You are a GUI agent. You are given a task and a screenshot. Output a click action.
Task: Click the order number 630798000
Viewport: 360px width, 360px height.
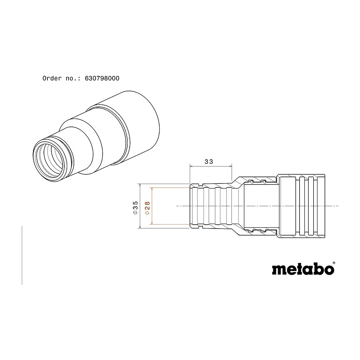coord(102,78)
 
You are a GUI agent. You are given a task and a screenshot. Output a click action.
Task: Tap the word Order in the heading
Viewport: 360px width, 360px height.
coord(52,78)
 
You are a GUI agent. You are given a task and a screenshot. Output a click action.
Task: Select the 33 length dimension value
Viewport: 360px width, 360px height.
coord(209,162)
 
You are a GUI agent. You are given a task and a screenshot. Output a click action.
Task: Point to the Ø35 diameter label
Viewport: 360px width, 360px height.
coord(135,208)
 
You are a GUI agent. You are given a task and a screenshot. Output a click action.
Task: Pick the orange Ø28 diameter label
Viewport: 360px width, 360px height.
coord(147,208)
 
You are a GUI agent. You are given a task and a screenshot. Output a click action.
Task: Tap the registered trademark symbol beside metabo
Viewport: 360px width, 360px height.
coord(334,263)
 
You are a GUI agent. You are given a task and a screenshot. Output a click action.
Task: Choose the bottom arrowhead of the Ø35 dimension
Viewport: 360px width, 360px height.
coord(140,226)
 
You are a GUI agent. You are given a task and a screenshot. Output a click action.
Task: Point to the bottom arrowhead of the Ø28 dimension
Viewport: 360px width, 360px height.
coord(152,223)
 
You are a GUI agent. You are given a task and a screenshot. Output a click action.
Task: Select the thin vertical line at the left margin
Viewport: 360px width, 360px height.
coord(22,255)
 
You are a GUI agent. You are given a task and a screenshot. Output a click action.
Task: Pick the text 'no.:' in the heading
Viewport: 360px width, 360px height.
coord(73,78)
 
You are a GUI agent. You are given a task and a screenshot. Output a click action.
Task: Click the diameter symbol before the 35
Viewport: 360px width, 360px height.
coord(135,213)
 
